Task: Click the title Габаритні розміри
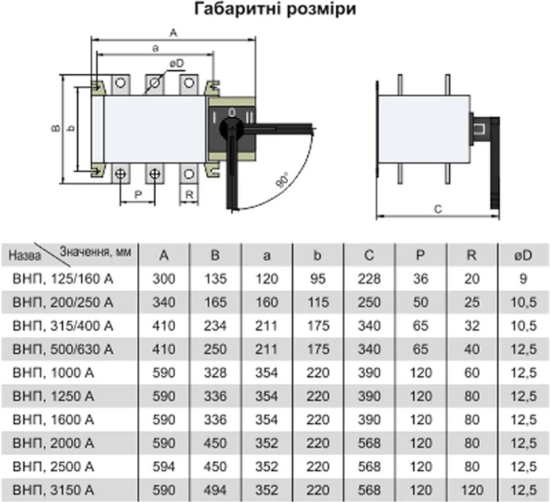pyautogui.click(x=275, y=9)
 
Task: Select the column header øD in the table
pyautogui.click(x=523, y=256)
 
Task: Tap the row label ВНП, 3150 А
pyautogui.click(x=53, y=490)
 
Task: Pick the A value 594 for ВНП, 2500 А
pyautogui.click(x=164, y=467)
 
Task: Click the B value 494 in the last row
pyautogui.click(x=216, y=490)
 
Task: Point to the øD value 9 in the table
pyautogui.click(x=524, y=279)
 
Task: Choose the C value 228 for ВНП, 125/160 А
pyautogui.click(x=369, y=279)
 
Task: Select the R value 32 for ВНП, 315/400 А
pyautogui.click(x=472, y=326)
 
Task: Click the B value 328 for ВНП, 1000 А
pyautogui.click(x=216, y=373)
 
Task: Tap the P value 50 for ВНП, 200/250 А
pyautogui.click(x=420, y=302)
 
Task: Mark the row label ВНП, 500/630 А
pyautogui.click(x=63, y=349)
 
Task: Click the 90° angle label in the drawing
pyautogui.click(x=283, y=180)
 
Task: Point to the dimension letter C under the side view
pyautogui.click(x=438, y=210)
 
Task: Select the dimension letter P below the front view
pyautogui.click(x=138, y=194)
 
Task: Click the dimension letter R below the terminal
pyautogui.click(x=189, y=194)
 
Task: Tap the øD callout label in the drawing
pyautogui.click(x=177, y=64)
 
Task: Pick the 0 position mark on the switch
pyautogui.click(x=232, y=112)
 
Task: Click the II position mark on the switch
pyautogui.click(x=249, y=118)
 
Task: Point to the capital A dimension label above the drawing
pyautogui.click(x=174, y=33)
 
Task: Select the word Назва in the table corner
pyautogui.click(x=25, y=256)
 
